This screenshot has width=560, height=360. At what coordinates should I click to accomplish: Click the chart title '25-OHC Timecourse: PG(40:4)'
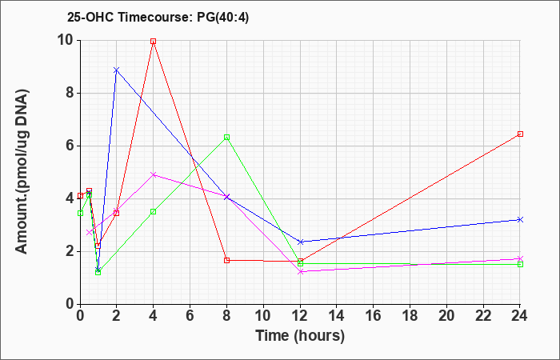[x=158, y=17]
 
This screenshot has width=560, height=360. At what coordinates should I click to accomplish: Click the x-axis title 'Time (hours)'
[x=300, y=336]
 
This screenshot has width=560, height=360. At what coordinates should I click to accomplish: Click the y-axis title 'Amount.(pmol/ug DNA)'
[x=22, y=172]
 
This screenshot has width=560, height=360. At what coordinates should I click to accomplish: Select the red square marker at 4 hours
[x=154, y=42]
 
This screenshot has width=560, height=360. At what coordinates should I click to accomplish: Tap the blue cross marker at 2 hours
[x=117, y=70]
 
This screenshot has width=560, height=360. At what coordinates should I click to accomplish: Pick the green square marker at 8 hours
[x=226, y=137]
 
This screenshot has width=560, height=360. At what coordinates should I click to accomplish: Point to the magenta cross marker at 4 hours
[x=154, y=174]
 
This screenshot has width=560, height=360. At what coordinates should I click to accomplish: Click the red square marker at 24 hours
[x=520, y=134]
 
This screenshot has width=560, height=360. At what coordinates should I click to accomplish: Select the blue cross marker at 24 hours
[x=520, y=220]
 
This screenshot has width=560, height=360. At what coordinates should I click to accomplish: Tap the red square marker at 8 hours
[x=226, y=260]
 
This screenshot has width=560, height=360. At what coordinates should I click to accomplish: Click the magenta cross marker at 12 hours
[x=301, y=272]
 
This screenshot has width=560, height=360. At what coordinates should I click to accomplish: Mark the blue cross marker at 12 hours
[x=301, y=242]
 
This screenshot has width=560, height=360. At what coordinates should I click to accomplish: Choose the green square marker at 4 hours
[x=154, y=211]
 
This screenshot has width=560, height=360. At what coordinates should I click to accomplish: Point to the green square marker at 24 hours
[x=520, y=264]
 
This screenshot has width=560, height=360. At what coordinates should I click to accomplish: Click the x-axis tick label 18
[x=410, y=316]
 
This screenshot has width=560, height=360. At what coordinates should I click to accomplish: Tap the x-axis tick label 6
[x=190, y=316]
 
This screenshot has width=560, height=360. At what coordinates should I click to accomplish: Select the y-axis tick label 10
[x=66, y=40]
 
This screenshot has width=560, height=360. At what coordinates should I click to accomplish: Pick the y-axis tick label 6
[x=70, y=146]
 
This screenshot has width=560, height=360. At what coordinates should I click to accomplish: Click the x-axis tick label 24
[x=519, y=316]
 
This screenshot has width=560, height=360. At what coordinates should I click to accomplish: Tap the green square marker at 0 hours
[x=80, y=214]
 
